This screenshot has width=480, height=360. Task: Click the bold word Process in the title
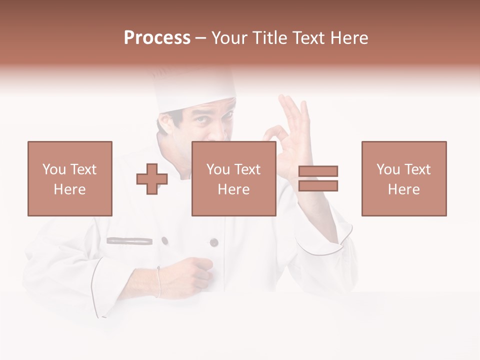click(x=157, y=38)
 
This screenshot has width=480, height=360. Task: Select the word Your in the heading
click(x=229, y=38)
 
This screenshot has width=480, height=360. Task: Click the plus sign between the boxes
click(x=152, y=179)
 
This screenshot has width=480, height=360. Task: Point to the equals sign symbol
click(x=318, y=178)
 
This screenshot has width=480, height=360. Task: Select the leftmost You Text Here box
click(x=70, y=178)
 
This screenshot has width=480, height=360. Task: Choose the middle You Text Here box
click(x=234, y=178)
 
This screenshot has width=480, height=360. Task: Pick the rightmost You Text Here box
click(x=404, y=178)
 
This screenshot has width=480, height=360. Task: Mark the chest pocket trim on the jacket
click(x=129, y=240)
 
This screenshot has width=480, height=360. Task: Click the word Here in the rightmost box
click(x=404, y=189)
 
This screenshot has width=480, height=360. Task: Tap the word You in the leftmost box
click(x=53, y=169)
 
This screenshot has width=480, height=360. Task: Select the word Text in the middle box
click(x=247, y=169)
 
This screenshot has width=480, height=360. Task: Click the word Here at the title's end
click(x=350, y=38)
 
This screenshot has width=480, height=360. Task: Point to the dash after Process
click(x=200, y=38)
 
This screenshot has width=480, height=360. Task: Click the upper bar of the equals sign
click(x=318, y=171)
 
